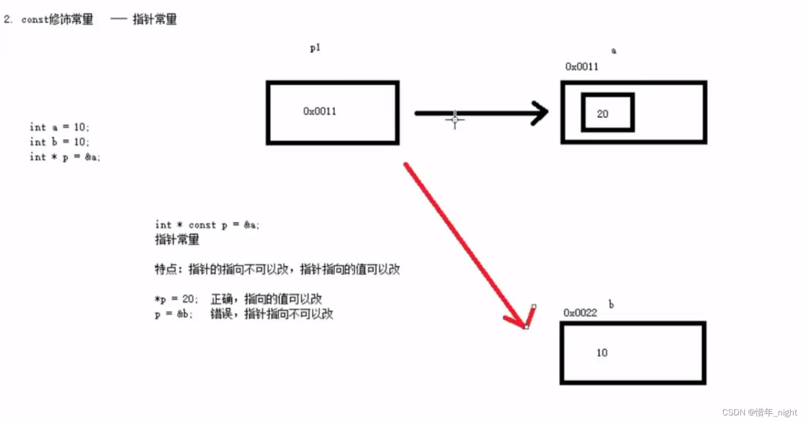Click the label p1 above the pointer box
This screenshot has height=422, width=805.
(315, 48)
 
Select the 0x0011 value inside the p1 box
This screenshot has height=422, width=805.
(320, 111)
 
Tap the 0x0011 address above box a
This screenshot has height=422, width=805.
(582, 67)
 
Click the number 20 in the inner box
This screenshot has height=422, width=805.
(602, 114)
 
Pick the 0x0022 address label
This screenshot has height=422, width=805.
(580, 313)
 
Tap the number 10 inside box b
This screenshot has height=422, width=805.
(602, 353)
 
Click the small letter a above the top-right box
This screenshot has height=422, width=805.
(613, 50)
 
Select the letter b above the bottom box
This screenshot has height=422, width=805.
(611, 304)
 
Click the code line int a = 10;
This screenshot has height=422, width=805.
(59, 127)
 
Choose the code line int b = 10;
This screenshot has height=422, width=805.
(59, 142)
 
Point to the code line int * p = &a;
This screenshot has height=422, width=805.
(65, 157)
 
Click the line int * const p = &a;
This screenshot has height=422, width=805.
(207, 225)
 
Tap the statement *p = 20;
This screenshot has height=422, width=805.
(176, 299)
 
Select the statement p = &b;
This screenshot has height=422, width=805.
(173, 314)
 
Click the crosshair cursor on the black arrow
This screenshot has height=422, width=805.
(455, 119)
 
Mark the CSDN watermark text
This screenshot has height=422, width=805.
(759, 412)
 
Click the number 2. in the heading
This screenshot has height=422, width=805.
(8, 19)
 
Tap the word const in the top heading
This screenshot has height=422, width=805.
(35, 20)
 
